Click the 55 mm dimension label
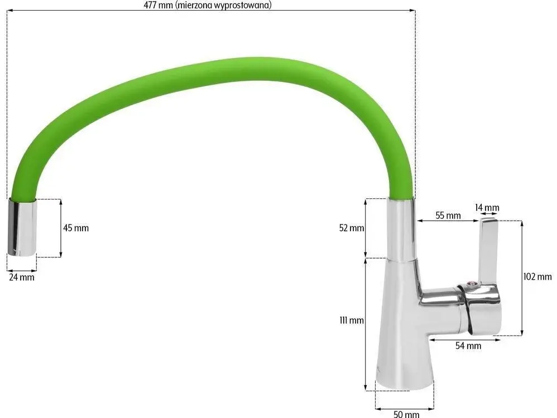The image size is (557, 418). (x=447, y=215)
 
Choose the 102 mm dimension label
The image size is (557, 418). (x=538, y=277)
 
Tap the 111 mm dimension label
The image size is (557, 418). (x=352, y=320)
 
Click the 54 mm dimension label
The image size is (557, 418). (x=468, y=346)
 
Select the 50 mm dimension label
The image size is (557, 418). (x=406, y=414)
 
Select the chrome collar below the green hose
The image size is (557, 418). (x=401, y=229)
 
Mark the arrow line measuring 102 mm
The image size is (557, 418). (x=522, y=277)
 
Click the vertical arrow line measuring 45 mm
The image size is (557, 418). (x=60, y=227)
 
